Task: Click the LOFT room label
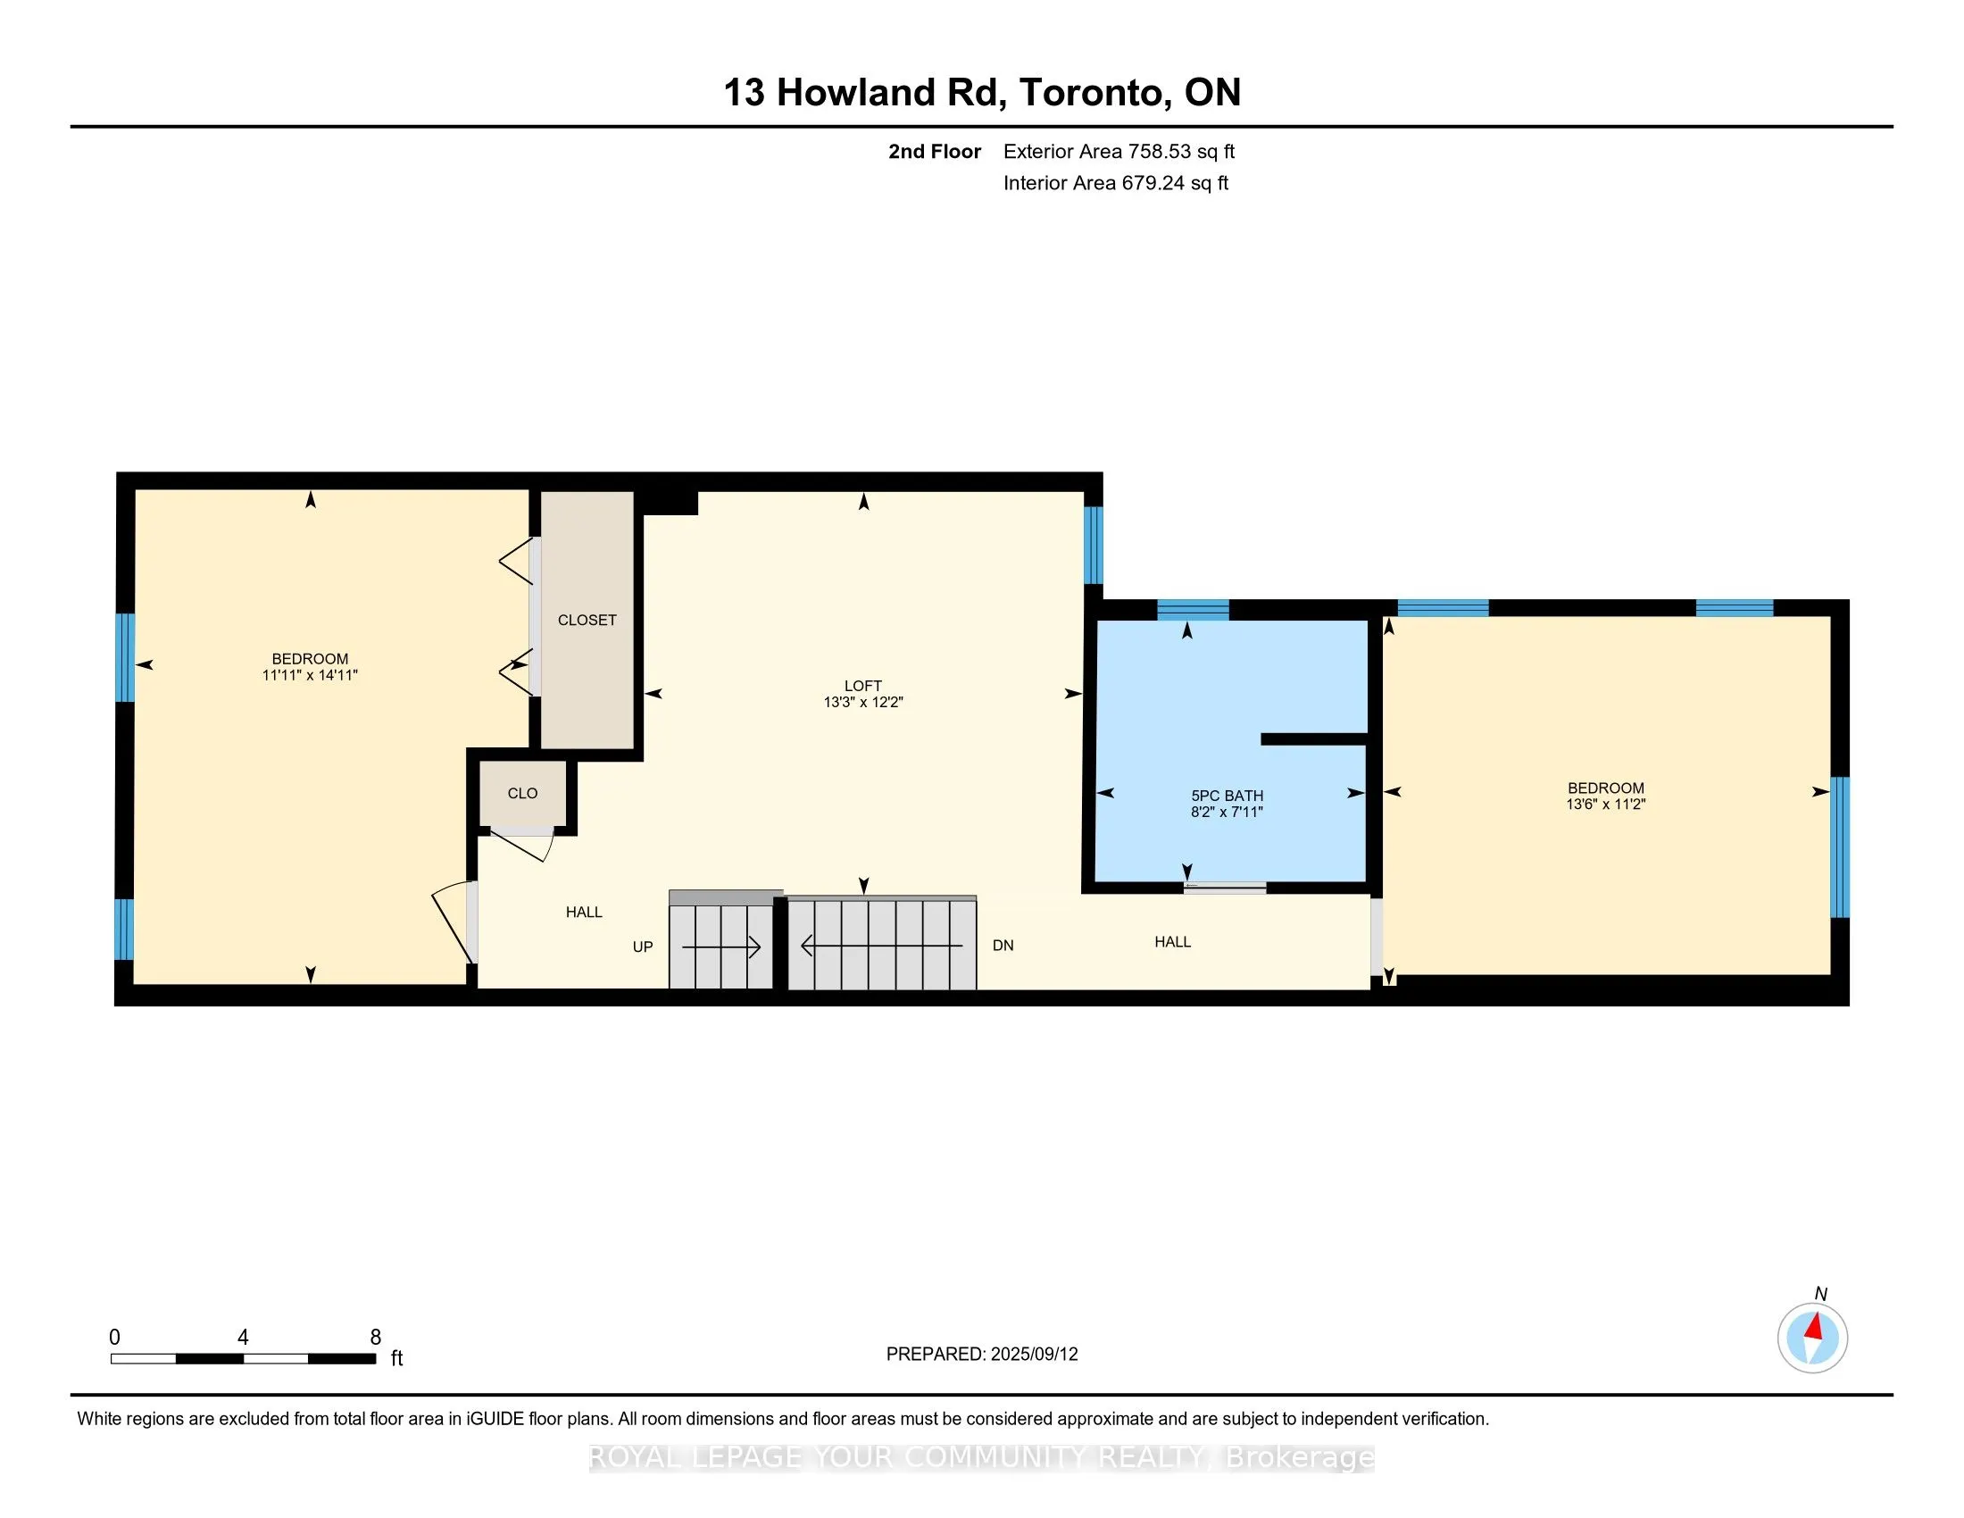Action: pos(862,685)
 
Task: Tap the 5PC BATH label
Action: pos(1227,796)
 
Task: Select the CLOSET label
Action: pos(587,620)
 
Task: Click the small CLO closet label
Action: pos(522,793)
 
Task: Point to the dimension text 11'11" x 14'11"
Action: pos(310,675)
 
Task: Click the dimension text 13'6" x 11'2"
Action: pos(1605,804)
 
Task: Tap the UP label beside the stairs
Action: pos(642,947)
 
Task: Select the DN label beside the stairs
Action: pos(1003,945)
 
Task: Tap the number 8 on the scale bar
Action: pos(376,1338)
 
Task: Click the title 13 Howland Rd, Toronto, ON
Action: pos(982,93)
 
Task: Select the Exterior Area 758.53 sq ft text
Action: pos(1119,152)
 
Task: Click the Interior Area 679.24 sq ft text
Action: pos(1115,183)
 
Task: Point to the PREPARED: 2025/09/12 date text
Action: pos(981,1355)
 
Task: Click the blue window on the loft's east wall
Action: pos(1093,545)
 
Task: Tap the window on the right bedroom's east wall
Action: pos(1840,847)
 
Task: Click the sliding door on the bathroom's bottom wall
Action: pos(1224,888)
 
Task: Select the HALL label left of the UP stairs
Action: pos(584,912)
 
